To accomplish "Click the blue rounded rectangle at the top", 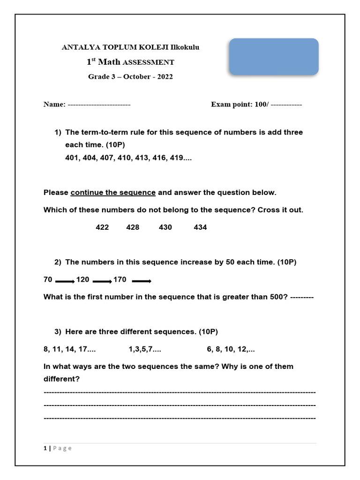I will [x=274, y=57].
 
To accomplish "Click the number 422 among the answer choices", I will [x=102, y=227].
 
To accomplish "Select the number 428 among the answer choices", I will [x=133, y=227].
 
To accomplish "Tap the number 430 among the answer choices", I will [x=165, y=227].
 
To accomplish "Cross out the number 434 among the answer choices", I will [x=200, y=227].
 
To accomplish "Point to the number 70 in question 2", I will [x=48, y=280].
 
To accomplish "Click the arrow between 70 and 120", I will [x=65, y=282].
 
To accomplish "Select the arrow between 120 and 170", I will [x=102, y=282].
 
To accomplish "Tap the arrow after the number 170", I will [x=141, y=282].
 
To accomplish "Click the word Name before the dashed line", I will [x=53, y=105].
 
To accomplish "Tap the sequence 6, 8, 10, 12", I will [x=231, y=349].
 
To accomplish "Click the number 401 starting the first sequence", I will [x=72, y=158].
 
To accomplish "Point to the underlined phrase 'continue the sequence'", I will [x=113, y=193].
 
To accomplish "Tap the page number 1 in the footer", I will [x=45, y=449].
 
